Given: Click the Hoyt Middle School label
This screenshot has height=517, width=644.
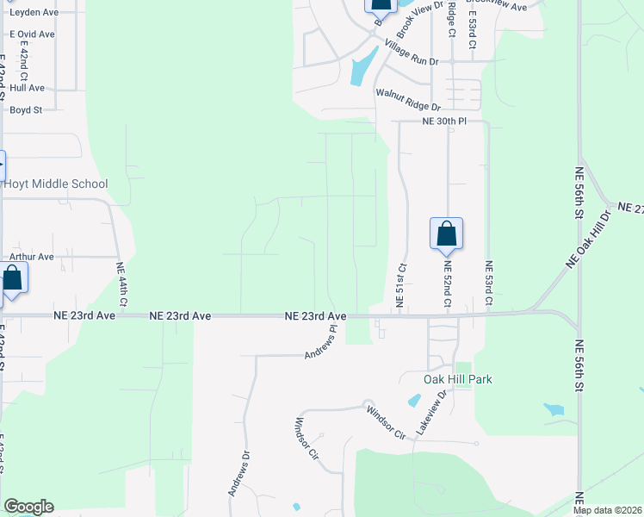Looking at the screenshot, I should pyautogui.click(x=56, y=184).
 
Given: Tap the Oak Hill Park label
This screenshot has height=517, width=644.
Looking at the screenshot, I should pyautogui.click(x=457, y=379).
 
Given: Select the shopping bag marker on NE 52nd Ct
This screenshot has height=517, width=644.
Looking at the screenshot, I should pyautogui.click(x=446, y=234).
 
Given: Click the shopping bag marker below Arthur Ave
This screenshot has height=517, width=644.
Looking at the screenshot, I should pyautogui.click(x=12, y=279).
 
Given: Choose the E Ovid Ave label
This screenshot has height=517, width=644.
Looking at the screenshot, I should pyautogui.click(x=32, y=34).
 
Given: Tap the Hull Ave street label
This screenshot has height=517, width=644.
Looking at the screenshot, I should pyautogui.click(x=28, y=88).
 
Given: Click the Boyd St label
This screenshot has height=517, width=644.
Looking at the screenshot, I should pyautogui.click(x=26, y=110).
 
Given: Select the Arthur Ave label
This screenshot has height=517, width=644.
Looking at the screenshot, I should pyautogui.click(x=32, y=257).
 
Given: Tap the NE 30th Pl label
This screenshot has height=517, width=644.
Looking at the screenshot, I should pyautogui.click(x=443, y=121).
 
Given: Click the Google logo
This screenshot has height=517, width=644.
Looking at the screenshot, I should pyautogui.click(x=28, y=507).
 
